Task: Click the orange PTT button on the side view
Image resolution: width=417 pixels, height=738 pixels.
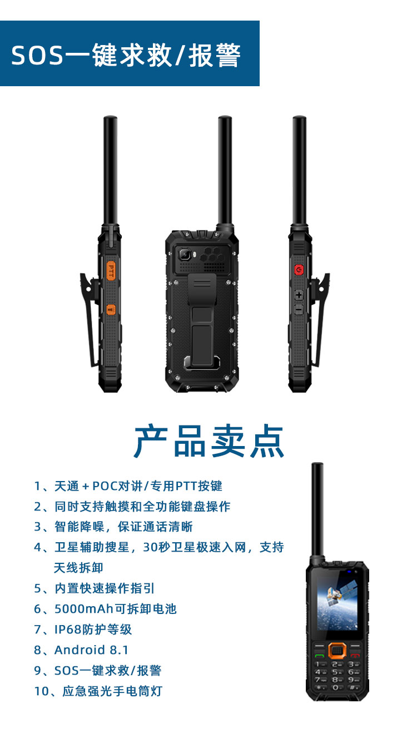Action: coord(111,270)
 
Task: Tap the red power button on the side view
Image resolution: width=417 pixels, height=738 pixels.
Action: coord(299,270)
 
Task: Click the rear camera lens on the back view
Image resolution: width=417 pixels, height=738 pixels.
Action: coord(184,254)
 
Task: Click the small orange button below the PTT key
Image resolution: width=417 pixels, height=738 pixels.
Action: coord(111,309)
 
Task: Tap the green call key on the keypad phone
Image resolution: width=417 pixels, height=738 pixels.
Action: coord(319,656)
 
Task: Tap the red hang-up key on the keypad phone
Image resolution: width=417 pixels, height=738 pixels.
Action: coord(355,656)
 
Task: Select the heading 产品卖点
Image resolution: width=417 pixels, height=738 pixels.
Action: coord(209,441)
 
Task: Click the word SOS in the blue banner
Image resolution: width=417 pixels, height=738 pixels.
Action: coord(37,56)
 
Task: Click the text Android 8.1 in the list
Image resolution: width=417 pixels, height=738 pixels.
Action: coord(91,650)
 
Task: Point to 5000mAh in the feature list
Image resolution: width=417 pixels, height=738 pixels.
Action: coord(84,609)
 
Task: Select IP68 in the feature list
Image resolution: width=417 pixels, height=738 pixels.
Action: coord(68,630)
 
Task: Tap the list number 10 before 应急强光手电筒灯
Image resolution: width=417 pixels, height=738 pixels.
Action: coord(42,691)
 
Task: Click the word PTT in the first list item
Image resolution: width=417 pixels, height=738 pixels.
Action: coord(186,486)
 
